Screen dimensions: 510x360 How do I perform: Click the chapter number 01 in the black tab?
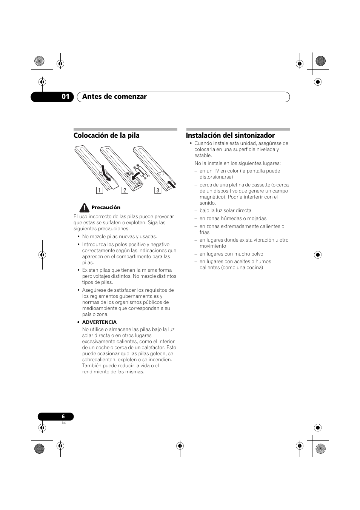[x=66, y=97]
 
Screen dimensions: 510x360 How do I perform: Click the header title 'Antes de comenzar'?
[x=114, y=97]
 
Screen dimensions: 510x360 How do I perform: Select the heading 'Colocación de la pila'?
[x=106, y=136]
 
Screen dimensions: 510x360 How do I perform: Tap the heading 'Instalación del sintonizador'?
[x=230, y=136]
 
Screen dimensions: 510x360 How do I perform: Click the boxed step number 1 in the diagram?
[x=99, y=190]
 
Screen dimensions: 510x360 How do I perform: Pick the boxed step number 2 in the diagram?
[x=125, y=190]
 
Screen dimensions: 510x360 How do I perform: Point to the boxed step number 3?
[x=158, y=190]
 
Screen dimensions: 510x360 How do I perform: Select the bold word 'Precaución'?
[x=106, y=208]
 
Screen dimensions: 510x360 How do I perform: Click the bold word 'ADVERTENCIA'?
[x=99, y=322]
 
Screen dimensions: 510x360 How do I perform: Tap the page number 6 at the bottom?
[x=63, y=416]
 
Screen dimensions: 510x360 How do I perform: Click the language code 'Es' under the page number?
[x=64, y=423]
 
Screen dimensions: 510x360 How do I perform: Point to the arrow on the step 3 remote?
[x=172, y=184]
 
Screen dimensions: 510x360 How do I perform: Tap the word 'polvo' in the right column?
[x=256, y=254]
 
